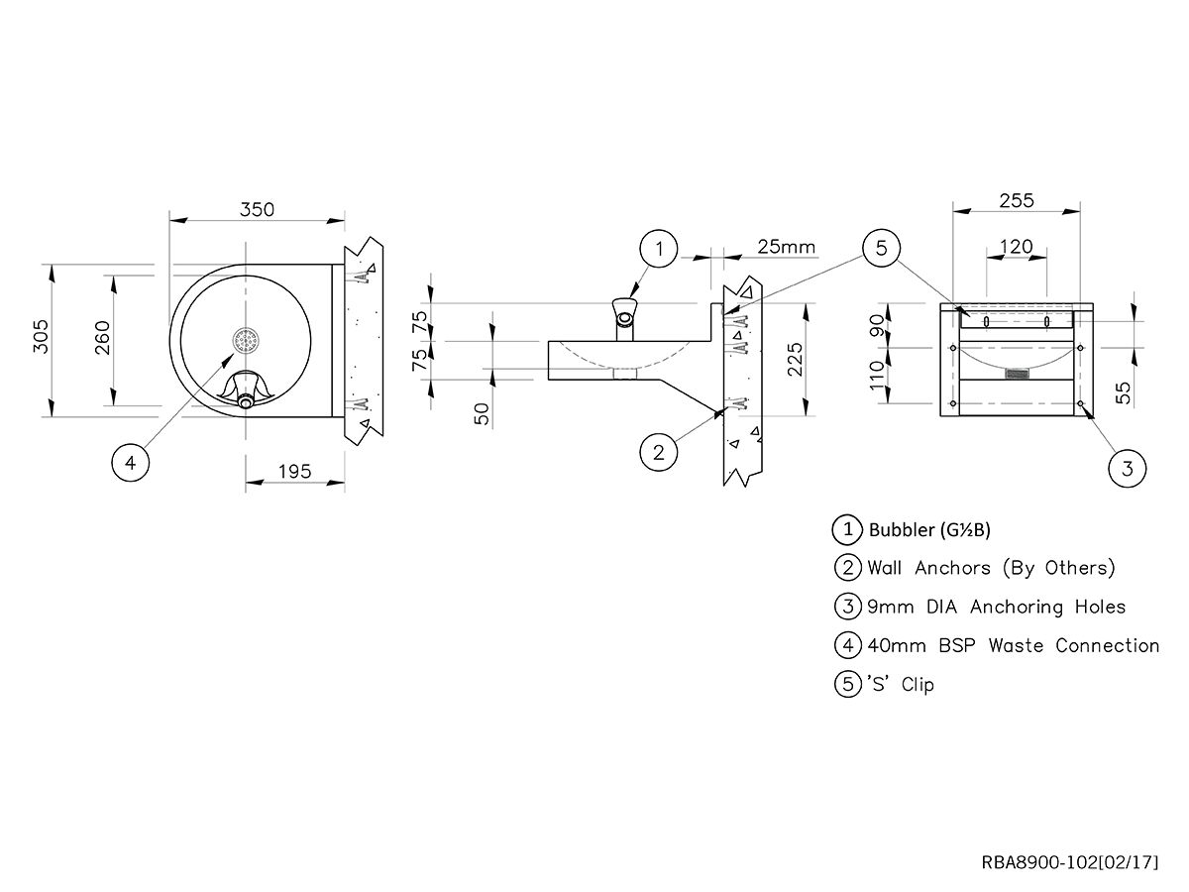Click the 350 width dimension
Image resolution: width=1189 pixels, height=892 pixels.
(x=257, y=209)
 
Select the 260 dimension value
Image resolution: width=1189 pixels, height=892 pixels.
(x=102, y=340)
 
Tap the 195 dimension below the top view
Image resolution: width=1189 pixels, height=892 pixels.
(x=294, y=472)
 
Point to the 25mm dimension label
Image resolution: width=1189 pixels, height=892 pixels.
(x=786, y=246)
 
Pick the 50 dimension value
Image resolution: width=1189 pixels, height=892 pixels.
(x=483, y=413)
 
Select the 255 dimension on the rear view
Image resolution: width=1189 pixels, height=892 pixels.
(x=1017, y=201)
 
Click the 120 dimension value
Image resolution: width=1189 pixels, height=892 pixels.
(x=1017, y=247)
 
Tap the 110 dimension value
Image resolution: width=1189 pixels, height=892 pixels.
(x=877, y=375)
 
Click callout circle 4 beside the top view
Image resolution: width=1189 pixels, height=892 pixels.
(x=131, y=461)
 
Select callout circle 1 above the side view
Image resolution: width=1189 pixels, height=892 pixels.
(x=659, y=249)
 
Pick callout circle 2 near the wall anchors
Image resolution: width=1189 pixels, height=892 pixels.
(x=659, y=453)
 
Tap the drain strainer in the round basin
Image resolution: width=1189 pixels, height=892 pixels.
(x=246, y=341)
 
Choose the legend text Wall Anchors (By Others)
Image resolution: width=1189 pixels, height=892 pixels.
(x=991, y=568)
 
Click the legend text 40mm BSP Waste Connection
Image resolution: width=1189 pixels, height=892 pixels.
(x=1013, y=645)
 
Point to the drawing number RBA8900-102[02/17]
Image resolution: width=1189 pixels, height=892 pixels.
(x=1069, y=861)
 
